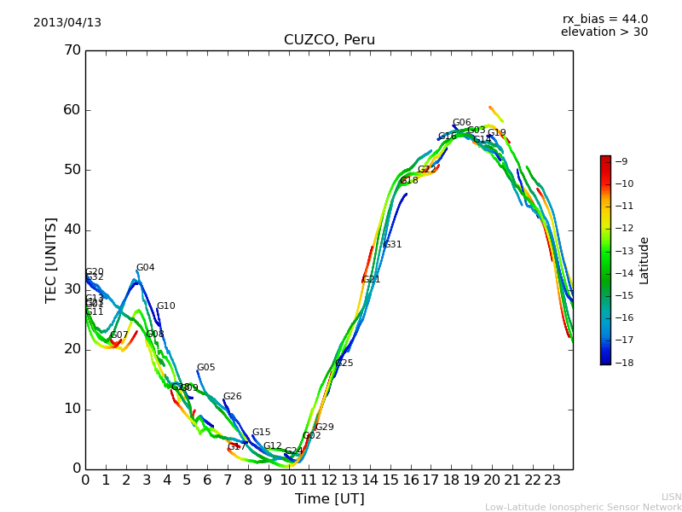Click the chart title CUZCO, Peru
click(x=329, y=40)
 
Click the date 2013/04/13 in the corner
click(x=67, y=23)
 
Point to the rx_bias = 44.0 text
click(x=604, y=20)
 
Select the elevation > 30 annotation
click(x=604, y=32)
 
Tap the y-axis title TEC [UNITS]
click(x=51, y=259)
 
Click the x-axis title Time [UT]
click(x=329, y=499)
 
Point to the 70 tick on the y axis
click(x=72, y=50)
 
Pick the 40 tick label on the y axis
click(x=72, y=230)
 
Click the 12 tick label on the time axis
click(x=329, y=480)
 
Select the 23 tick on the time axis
click(x=552, y=480)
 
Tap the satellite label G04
click(x=146, y=268)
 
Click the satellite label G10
click(x=165, y=306)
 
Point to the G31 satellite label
click(x=392, y=245)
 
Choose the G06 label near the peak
click(x=461, y=123)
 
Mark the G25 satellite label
click(x=344, y=364)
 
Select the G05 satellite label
click(x=205, y=368)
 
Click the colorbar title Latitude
click(x=644, y=260)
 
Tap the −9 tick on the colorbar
click(x=621, y=161)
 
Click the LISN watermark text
click(x=671, y=497)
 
